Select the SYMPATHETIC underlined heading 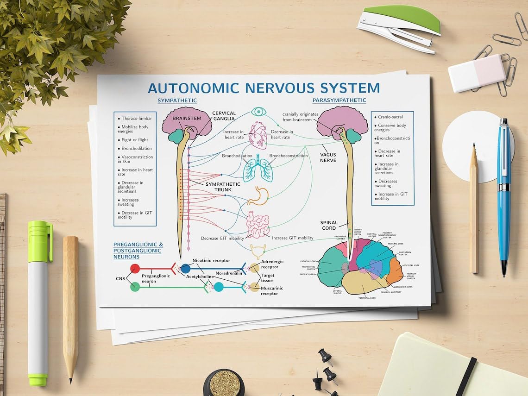pos(177,101)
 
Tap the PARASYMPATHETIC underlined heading pos(339,100)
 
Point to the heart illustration pos(258,134)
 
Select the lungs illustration pos(258,170)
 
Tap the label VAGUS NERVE pos(328,157)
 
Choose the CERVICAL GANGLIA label pos(224,116)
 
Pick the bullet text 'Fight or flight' pos(134,140)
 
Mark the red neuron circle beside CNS pos(135,268)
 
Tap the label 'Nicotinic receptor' pos(211,261)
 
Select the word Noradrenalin pos(228,273)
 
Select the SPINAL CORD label pos(329,226)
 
